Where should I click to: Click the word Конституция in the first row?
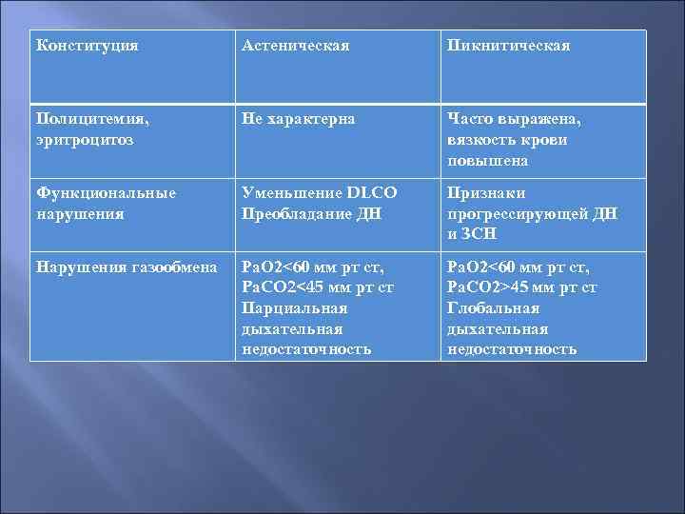tap(87, 46)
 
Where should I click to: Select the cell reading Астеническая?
tap(296, 46)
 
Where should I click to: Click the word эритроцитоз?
tap(84, 139)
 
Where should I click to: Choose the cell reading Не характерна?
tap(299, 120)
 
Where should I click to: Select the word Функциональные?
tap(106, 192)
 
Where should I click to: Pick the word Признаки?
tap(482, 192)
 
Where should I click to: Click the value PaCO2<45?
tap(281, 287)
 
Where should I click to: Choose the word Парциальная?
tap(295, 308)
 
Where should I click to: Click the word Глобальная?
tap(492, 308)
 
